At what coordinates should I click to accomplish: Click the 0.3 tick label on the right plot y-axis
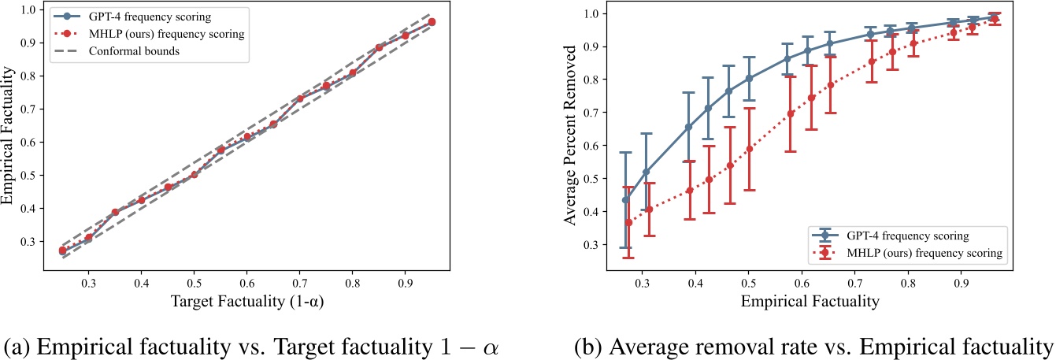591,244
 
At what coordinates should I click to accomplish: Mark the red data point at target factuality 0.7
299,99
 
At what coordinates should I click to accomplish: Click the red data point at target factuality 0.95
432,22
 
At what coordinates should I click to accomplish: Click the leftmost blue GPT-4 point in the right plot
626,200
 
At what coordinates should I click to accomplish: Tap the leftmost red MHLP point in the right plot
628,222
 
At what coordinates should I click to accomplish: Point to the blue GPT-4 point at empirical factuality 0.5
750,79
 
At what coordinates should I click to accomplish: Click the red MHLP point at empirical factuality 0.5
750,149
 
